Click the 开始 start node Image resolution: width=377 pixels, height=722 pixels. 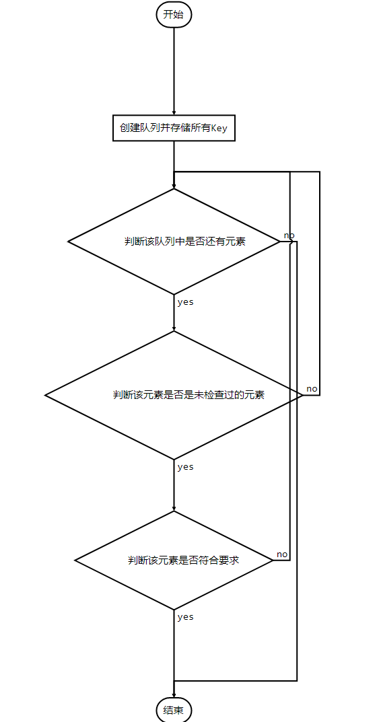174,14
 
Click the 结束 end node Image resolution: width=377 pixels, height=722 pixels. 174,710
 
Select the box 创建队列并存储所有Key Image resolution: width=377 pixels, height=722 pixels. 174,128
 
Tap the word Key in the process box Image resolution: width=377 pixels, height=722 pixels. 219,129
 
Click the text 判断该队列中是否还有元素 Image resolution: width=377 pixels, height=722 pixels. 184,242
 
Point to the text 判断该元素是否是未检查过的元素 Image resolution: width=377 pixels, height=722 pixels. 188,394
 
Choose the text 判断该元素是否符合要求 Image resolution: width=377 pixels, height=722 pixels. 183,561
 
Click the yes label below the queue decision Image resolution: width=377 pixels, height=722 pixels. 185,303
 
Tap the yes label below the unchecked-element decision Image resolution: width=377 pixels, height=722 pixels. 185,467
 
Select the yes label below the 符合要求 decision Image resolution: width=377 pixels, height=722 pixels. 185,617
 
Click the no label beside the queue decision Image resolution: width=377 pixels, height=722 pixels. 289,236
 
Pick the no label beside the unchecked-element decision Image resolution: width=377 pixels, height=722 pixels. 312,389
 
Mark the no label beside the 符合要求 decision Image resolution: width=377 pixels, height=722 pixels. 282,554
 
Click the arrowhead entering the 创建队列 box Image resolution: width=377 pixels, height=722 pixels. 174,112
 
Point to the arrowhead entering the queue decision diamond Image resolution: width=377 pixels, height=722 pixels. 174,186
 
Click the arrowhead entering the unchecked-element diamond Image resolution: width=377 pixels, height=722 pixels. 174,328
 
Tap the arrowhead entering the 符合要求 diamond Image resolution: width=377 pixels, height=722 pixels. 174,508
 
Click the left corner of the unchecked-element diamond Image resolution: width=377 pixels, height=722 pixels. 45,395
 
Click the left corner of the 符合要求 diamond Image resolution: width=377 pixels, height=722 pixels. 75,561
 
